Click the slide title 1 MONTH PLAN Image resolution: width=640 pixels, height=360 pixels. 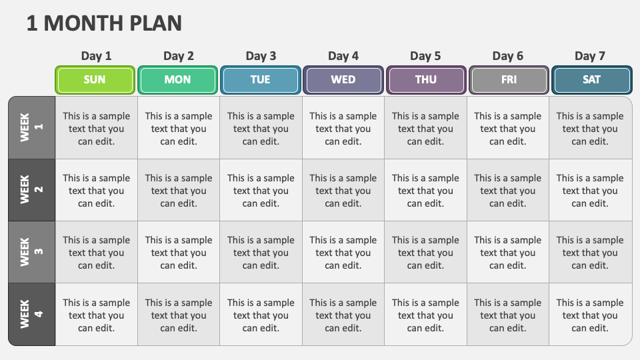tap(105, 23)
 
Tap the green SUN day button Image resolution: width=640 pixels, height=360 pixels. tap(95, 80)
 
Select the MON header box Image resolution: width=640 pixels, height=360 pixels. tap(177, 80)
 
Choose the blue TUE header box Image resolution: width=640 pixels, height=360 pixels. tap(260, 80)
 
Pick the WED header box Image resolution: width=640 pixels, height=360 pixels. tap(343, 80)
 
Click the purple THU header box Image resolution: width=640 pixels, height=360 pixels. tap(426, 80)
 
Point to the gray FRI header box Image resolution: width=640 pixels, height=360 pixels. tap(509, 80)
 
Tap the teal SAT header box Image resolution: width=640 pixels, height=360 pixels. tap(591, 80)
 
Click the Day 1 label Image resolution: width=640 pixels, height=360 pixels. tap(97, 56)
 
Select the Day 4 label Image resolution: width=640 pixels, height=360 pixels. tap(343, 56)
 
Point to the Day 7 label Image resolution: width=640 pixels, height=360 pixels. tap(590, 56)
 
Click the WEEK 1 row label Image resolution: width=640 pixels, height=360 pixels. tap(31, 127)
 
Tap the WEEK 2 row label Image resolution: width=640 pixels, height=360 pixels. tap(31, 190)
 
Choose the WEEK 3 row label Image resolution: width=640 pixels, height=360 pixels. tap(31, 252)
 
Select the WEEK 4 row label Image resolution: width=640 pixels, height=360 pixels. tap(31, 315)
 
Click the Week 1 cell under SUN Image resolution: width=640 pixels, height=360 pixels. tap(97, 128)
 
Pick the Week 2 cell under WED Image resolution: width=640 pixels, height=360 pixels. tap(343, 191)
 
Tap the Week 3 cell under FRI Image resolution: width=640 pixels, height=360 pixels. tap(508, 253)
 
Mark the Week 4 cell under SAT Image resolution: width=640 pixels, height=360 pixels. tap(590, 315)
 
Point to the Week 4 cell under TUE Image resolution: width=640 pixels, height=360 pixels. tap(261, 315)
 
